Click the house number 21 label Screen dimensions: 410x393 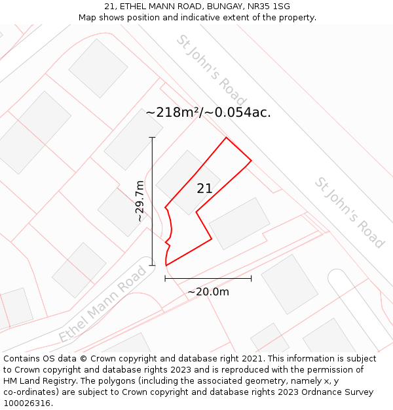click(204, 189)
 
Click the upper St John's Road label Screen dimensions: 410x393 click(202, 64)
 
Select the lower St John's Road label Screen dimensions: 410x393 click(349, 213)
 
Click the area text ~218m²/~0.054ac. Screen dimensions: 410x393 click(208, 112)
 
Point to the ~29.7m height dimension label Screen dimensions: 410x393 click(139, 201)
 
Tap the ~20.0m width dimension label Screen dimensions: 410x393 click(208, 292)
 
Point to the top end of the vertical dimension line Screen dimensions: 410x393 click(152, 137)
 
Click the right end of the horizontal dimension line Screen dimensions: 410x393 click(251, 278)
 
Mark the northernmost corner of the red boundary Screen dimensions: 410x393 click(226, 138)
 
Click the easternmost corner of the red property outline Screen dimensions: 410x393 click(251, 161)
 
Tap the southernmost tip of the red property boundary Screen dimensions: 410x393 click(166, 266)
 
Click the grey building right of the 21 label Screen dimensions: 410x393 click(239, 223)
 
